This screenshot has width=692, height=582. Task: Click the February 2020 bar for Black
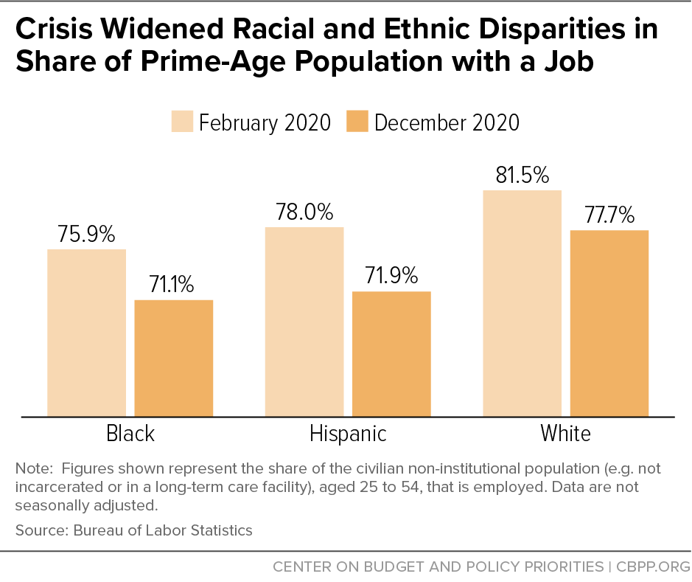(86, 333)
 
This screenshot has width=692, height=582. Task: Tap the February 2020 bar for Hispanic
(304, 322)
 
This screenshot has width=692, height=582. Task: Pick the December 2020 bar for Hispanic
(391, 354)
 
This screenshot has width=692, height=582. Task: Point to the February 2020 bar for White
(522, 303)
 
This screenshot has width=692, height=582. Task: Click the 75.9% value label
(86, 235)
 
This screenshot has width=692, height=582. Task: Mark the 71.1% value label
(173, 285)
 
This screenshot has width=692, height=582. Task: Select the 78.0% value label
(304, 212)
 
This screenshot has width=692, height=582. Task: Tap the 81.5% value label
(522, 176)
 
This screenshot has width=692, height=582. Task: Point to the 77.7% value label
(609, 215)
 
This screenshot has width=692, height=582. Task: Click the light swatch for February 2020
(182, 122)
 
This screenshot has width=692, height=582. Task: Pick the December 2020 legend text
(447, 122)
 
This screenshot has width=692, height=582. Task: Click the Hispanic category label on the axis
(347, 434)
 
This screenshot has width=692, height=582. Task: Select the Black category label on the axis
(130, 434)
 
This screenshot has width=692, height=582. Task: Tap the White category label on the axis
(565, 434)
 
